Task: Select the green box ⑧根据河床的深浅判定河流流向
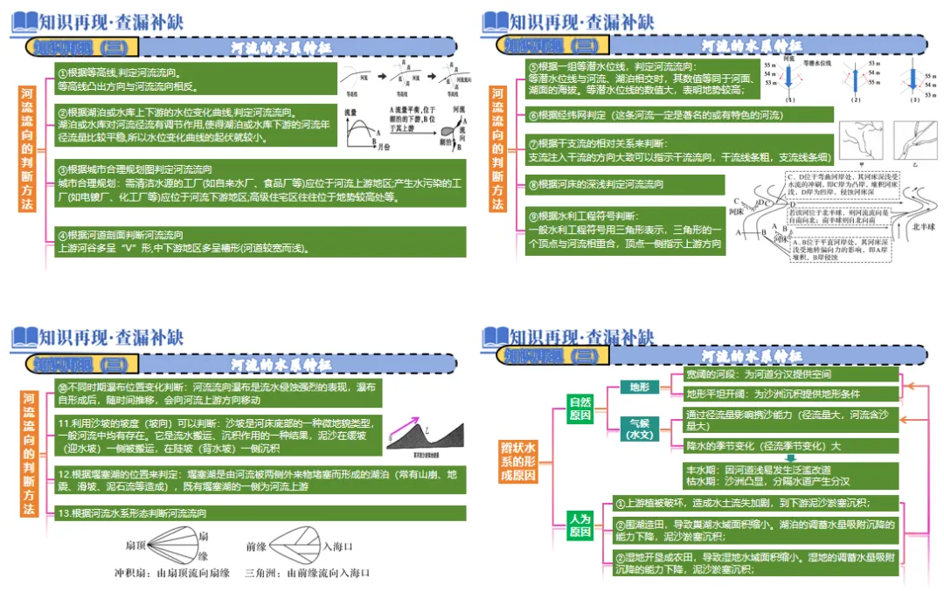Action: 624,185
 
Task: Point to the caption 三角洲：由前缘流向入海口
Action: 307,574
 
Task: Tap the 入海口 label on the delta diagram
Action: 338,546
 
